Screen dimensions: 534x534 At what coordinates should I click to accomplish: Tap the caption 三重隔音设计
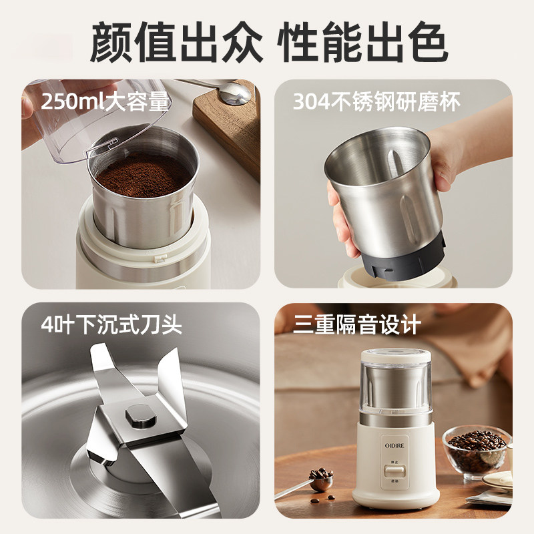[357, 325]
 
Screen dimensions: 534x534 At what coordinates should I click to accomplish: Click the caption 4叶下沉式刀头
[111, 326]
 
